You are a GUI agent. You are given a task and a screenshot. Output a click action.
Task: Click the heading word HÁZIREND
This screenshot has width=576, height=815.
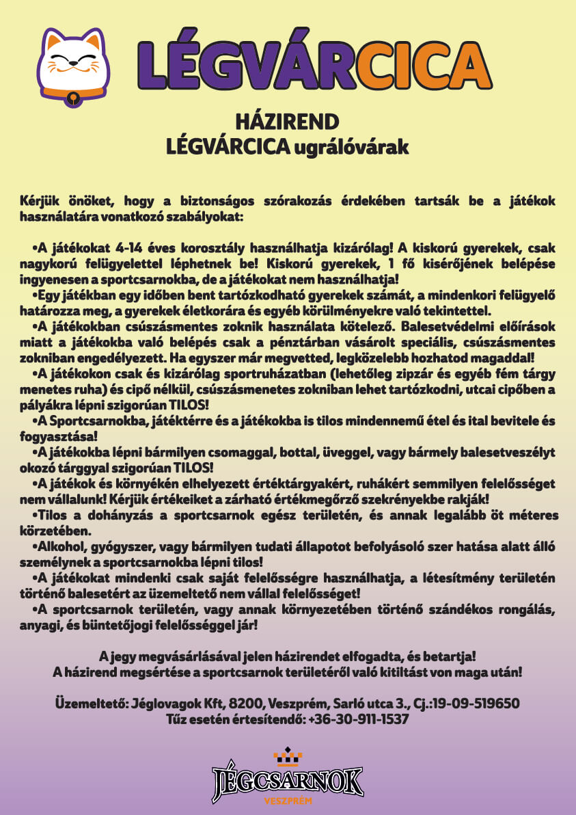pos(287,122)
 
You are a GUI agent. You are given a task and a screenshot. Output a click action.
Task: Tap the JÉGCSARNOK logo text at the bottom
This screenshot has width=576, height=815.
pos(288,779)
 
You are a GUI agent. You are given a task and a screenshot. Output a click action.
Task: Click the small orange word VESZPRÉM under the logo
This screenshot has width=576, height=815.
pos(288,801)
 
